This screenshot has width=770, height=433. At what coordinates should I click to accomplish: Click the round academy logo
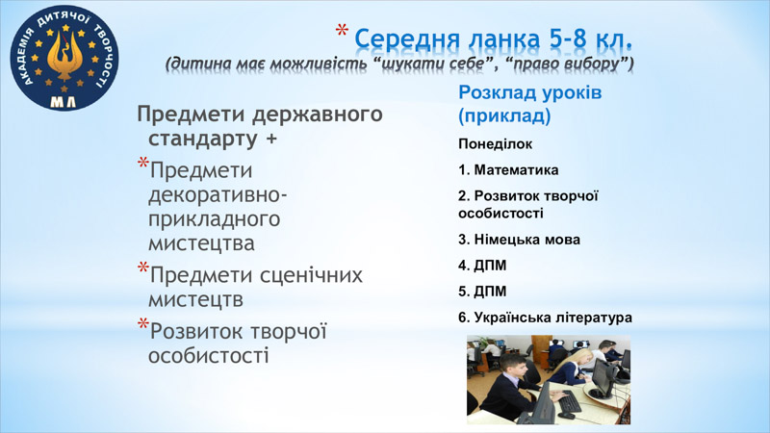[x=64, y=58]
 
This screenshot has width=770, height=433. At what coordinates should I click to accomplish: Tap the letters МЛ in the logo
[x=64, y=102]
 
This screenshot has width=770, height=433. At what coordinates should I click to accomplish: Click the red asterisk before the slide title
[x=342, y=32]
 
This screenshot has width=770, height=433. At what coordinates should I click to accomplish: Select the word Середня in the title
[x=407, y=39]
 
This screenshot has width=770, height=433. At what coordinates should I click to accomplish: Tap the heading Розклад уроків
[x=530, y=92]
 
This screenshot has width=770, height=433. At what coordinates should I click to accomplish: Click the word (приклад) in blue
[x=504, y=115]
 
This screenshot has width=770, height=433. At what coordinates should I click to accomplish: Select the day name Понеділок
[x=495, y=143]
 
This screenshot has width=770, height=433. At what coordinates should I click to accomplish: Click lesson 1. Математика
[x=508, y=170]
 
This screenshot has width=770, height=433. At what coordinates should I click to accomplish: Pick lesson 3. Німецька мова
[x=519, y=240]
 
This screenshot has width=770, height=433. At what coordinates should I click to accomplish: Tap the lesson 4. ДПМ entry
[x=482, y=266]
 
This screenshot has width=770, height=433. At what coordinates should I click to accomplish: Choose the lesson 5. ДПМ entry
[x=482, y=292]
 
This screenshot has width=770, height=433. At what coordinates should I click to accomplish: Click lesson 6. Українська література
[x=545, y=318]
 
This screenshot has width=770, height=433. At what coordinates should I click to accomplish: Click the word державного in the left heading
[x=318, y=115]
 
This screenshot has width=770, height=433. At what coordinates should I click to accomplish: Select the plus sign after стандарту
[x=271, y=139]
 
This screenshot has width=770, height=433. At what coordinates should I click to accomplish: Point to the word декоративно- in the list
[x=218, y=195]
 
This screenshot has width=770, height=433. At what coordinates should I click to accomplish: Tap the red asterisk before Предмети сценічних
[x=142, y=268]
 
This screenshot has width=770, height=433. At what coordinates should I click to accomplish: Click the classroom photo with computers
[x=549, y=380]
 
